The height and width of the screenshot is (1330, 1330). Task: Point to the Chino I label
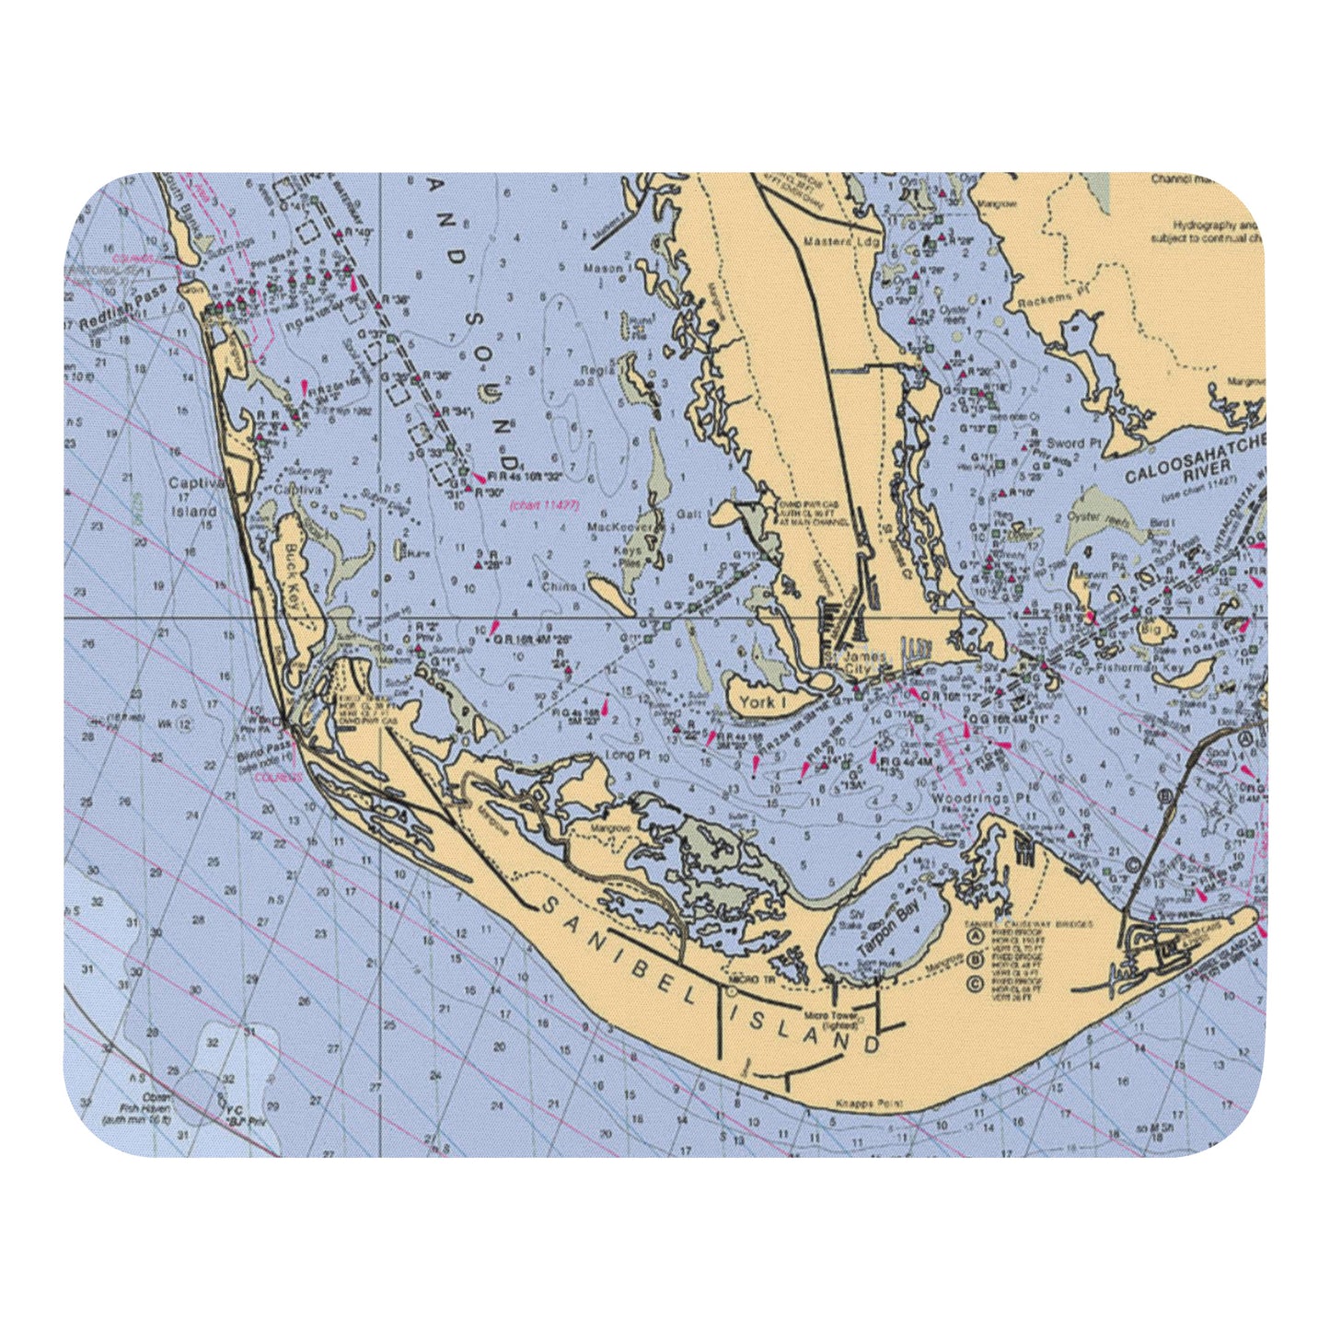click(559, 585)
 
